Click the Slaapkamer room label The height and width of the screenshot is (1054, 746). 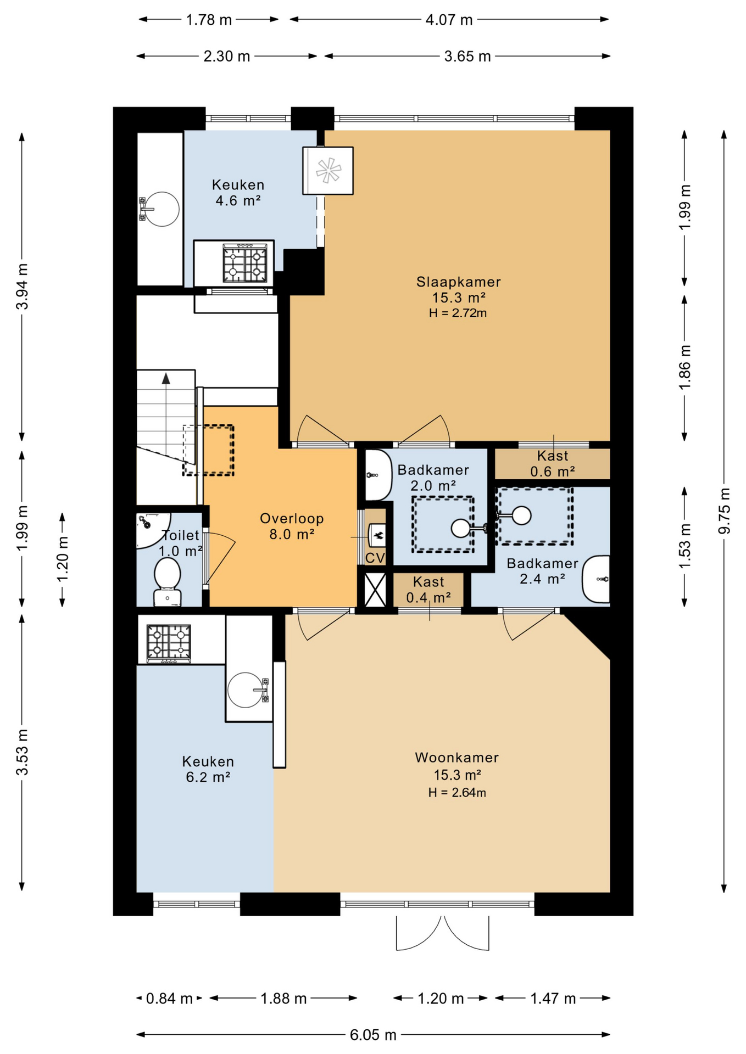(x=458, y=282)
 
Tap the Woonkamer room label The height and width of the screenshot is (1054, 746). (x=456, y=758)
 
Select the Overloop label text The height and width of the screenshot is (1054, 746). (x=292, y=518)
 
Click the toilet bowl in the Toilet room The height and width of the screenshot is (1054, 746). (x=168, y=574)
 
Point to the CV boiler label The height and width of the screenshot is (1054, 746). (x=375, y=558)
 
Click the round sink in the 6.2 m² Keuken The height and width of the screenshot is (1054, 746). (x=245, y=690)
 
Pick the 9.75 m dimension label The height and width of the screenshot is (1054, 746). (x=725, y=511)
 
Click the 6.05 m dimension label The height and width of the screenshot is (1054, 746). (x=373, y=1035)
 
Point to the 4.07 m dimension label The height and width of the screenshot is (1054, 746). (x=449, y=20)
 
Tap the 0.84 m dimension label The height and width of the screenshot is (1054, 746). (x=169, y=998)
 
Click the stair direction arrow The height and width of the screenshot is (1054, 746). (x=166, y=378)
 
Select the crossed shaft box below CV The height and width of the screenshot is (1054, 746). (x=375, y=590)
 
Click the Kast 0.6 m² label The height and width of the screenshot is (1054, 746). (x=552, y=463)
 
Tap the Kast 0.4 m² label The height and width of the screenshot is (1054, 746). (x=428, y=590)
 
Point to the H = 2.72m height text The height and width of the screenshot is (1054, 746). (x=458, y=313)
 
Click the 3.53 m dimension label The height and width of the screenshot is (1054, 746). (x=22, y=752)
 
